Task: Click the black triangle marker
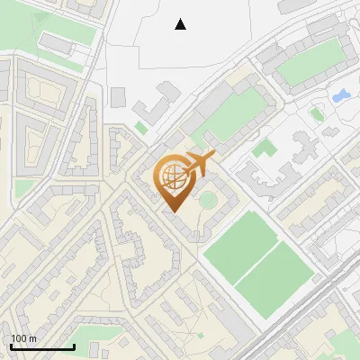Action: click(x=181, y=24)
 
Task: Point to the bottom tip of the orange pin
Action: click(x=173, y=211)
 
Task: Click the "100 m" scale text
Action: click(x=23, y=338)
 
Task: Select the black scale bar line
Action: click(x=41, y=346)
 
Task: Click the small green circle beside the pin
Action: click(x=208, y=199)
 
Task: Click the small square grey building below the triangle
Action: click(x=118, y=95)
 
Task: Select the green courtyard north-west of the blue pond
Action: click(x=304, y=63)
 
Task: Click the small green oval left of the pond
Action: click(x=316, y=113)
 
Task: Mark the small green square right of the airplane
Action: click(x=264, y=148)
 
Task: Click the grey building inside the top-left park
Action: click(x=56, y=44)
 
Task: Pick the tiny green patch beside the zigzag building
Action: click(x=141, y=128)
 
